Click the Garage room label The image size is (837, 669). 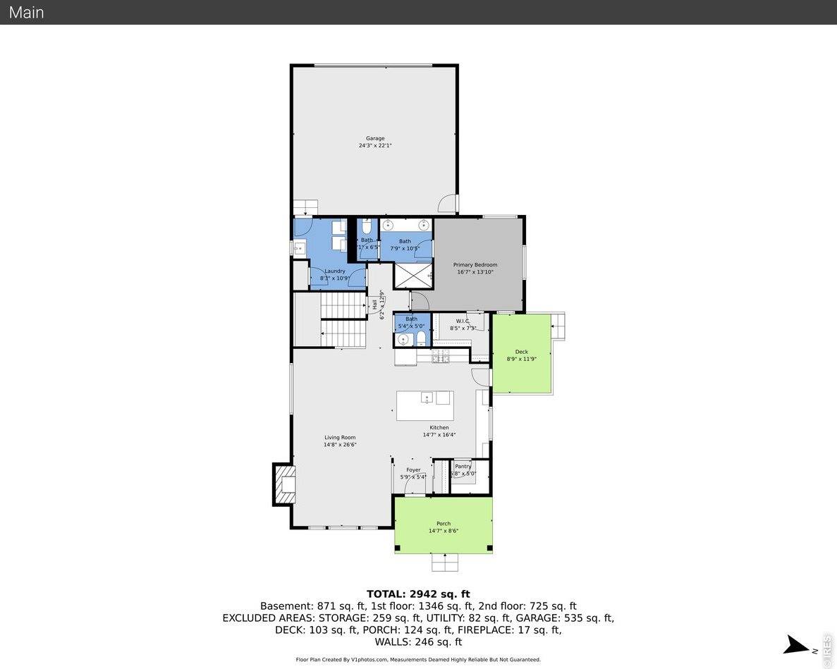374,138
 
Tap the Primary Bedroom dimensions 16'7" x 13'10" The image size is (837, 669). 475,272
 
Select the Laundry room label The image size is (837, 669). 334,271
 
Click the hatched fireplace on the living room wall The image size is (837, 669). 284,484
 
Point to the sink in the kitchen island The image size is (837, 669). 427,398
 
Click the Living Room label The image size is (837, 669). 340,437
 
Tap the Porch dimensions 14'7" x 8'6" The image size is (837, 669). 443,531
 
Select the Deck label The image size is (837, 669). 521,352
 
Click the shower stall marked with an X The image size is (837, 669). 412,275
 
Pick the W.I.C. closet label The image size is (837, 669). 463,321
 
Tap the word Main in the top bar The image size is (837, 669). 26,12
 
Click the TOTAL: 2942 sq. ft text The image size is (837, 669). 417,594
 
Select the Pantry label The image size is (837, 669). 463,467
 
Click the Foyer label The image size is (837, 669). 413,469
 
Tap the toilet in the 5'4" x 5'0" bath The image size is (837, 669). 421,340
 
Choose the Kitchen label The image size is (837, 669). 439,427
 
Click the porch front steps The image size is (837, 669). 444,562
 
